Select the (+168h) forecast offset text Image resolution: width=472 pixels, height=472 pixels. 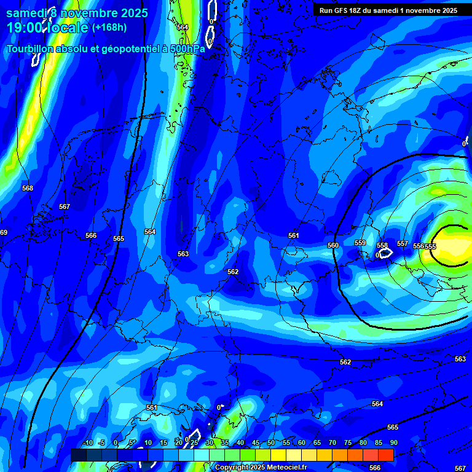pyautogui.click(x=109, y=28)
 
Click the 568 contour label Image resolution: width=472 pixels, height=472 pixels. pyautogui.click(x=28, y=188)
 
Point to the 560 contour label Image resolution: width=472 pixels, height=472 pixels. pyautogui.click(x=333, y=245)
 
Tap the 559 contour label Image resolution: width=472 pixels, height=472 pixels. pyautogui.click(x=360, y=243)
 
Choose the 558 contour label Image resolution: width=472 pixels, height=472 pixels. pyautogui.click(x=382, y=245)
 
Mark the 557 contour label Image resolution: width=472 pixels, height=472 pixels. pyautogui.click(x=403, y=243)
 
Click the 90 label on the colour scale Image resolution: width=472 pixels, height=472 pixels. pyautogui.click(x=393, y=442)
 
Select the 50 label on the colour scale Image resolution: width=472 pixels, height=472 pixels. pyautogui.click(x=271, y=442)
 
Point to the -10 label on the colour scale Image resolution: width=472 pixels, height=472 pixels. pyautogui.click(x=87, y=442)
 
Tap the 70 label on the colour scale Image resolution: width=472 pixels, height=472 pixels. pyautogui.click(x=332, y=442)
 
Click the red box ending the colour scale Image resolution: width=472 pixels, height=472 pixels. pyautogui.click(x=386, y=455)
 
